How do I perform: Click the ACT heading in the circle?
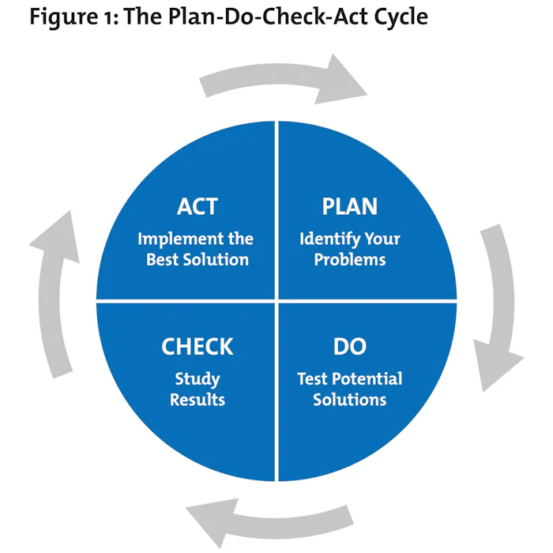tap(197, 207)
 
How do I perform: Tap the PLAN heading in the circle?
tap(349, 207)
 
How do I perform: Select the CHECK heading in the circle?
tap(197, 346)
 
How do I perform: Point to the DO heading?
tap(349, 346)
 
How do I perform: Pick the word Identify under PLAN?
tap(329, 239)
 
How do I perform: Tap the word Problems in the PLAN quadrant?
tap(349, 259)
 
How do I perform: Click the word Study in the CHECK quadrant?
tap(197, 379)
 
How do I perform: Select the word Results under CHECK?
tap(197, 400)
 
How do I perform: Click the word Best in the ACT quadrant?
tap(164, 259)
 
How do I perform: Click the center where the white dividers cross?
tap(276, 301)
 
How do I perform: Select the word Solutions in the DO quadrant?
tap(349, 400)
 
